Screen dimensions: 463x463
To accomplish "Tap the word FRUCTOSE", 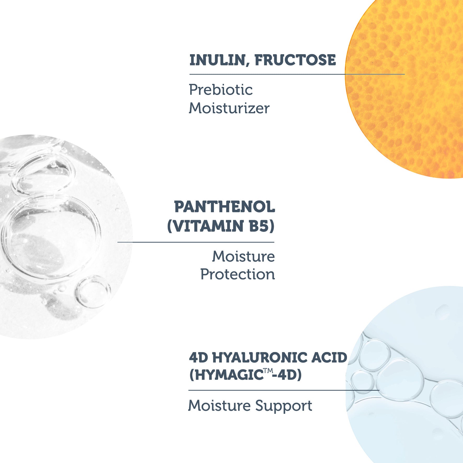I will pyautogui.click(x=295, y=60).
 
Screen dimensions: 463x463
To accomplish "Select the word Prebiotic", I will pyautogui.click(x=221, y=90).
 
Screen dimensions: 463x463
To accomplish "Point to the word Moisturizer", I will pyautogui.click(x=229, y=108).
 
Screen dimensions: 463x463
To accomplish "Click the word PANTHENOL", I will pyautogui.click(x=224, y=207).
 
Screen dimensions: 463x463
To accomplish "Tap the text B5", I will pyautogui.click(x=262, y=226).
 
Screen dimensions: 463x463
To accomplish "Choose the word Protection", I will pyautogui.click(x=238, y=274).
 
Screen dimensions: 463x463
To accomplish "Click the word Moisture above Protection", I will pyautogui.click(x=243, y=256).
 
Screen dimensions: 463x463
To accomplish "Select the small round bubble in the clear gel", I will pyautogui.click(x=93, y=292).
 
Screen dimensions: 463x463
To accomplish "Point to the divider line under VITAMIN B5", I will pyautogui.click(x=196, y=242).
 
